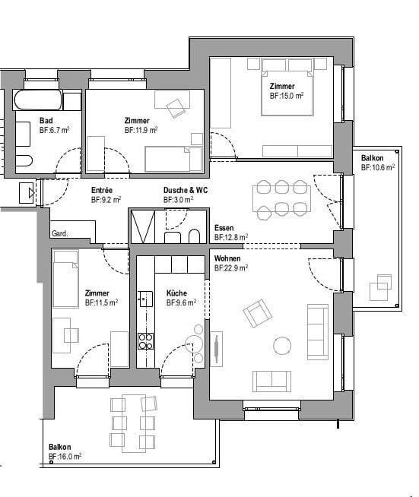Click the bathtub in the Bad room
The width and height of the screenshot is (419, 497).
tap(38, 102)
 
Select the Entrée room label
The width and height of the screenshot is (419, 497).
tap(103, 191)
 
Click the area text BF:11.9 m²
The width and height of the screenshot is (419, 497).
tap(141, 131)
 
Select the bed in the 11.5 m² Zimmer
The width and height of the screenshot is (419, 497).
tap(65, 278)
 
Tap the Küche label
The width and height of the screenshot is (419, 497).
tap(176, 293)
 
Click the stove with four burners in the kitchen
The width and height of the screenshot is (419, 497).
tap(144, 341)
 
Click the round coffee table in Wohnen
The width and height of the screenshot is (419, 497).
tap(281, 346)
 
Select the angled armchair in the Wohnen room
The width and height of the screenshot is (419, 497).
tap(257, 313)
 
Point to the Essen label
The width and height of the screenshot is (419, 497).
tap(224, 228)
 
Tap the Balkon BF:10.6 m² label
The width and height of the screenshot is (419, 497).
tap(377, 162)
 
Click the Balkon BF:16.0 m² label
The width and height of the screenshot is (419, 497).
tap(65, 451)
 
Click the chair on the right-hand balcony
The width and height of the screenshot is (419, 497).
tap(379, 290)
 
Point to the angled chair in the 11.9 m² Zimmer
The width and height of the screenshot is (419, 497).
tap(178, 106)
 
